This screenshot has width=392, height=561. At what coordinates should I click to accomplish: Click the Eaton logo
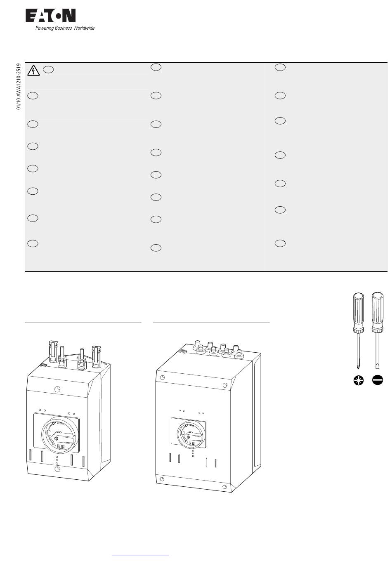coord(50,16)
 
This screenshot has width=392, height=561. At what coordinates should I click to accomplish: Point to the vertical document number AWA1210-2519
coord(18,86)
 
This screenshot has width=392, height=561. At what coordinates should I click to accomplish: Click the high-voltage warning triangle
coord(33,71)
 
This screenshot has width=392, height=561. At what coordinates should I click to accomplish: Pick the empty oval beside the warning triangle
coord(48,69)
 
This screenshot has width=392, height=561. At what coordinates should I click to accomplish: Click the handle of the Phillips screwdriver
coord(359,313)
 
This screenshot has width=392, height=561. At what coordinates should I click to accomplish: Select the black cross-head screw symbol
coord(359,380)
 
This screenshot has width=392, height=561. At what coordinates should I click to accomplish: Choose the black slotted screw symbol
coord(377,380)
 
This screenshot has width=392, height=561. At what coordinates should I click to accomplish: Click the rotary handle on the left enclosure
coord(60,436)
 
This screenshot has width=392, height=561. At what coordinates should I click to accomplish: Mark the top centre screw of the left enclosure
coord(57,389)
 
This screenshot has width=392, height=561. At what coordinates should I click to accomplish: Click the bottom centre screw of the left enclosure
coord(57,469)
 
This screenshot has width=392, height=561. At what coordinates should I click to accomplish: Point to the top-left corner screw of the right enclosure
coord(162,377)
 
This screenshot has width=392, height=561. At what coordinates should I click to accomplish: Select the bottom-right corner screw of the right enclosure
coord(224,487)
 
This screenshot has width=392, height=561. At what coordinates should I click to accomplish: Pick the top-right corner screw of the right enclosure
coord(225,385)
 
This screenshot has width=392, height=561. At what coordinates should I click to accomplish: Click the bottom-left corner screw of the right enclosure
coord(162,479)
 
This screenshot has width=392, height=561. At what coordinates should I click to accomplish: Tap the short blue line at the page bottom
coord(140,555)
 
